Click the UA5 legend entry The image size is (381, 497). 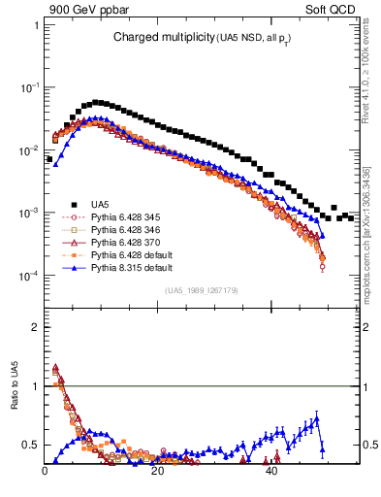100,203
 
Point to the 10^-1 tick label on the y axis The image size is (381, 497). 31,87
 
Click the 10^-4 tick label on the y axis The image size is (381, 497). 31,276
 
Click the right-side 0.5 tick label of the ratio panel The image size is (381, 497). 369,446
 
